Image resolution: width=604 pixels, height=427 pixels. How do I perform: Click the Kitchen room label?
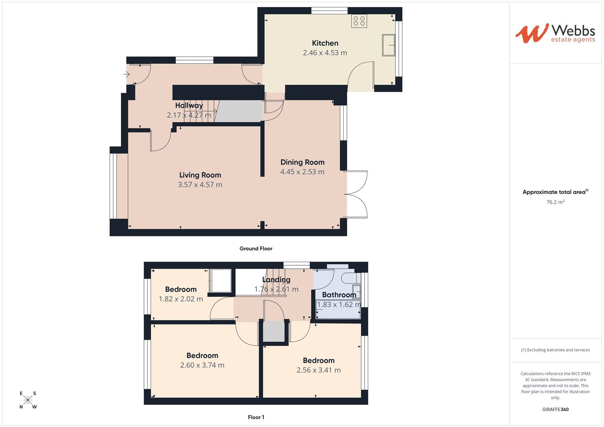point(325,43)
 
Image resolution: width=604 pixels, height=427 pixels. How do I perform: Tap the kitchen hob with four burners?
point(359,21)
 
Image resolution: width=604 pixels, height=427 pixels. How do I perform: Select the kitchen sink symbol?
point(389,45)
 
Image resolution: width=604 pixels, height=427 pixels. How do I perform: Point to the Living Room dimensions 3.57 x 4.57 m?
point(200,185)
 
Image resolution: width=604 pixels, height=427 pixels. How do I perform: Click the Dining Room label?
point(302,162)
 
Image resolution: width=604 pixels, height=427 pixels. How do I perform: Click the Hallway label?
point(189,106)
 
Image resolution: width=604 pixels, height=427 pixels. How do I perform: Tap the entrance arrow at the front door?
point(127,74)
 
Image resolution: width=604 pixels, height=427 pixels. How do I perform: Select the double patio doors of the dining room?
point(356,194)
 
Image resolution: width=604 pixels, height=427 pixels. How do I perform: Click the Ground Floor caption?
point(256,249)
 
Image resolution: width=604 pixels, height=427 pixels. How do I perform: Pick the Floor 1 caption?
point(256,417)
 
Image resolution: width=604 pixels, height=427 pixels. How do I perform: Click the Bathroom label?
point(339,295)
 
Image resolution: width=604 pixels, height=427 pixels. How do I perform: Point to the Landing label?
point(276,280)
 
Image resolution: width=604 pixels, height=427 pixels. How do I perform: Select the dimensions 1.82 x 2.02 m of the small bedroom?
point(181,299)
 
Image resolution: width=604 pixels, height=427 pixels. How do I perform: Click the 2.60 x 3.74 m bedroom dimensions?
point(202,365)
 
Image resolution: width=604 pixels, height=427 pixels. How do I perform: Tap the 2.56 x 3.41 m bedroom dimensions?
point(318,370)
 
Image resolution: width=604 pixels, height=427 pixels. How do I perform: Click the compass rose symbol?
point(28,400)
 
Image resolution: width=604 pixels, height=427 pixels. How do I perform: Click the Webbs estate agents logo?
point(555,33)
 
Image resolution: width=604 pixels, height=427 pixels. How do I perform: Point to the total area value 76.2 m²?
point(555,202)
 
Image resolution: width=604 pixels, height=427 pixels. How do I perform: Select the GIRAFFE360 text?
point(555,410)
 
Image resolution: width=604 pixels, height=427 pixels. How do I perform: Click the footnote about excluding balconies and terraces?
point(555,350)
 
